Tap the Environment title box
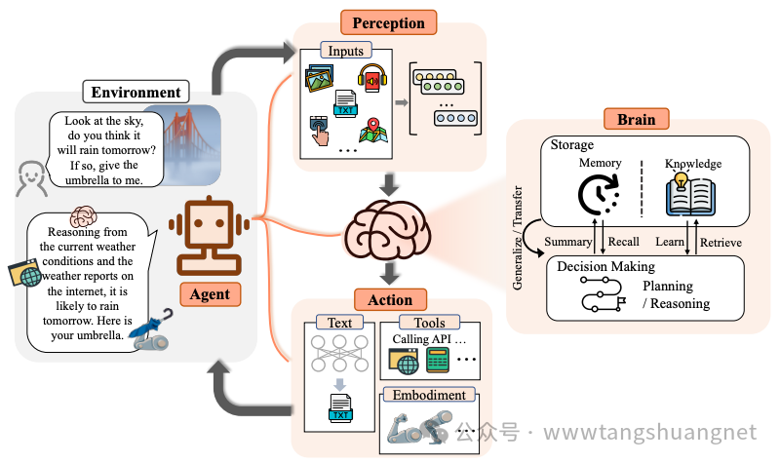point(136,93)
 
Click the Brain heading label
point(636,119)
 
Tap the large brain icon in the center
point(388,233)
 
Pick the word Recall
point(623,242)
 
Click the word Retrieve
point(721,242)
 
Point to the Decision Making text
point(605,266)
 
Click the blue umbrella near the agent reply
point(154,327)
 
